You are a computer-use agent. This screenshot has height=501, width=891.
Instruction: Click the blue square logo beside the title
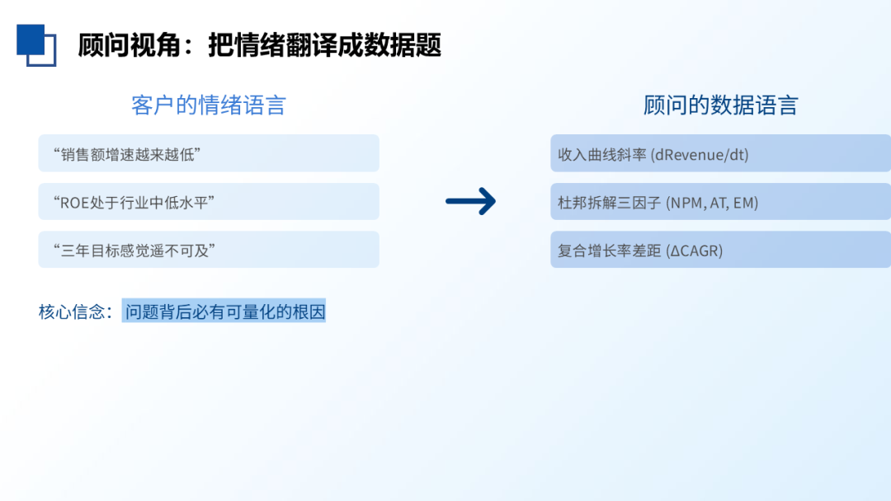(35, 44)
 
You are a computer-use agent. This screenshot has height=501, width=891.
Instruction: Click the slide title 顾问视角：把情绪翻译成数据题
(259, 45)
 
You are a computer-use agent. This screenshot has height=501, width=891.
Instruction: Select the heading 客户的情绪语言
(209, 105)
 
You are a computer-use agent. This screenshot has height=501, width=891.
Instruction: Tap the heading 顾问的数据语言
(720, 105)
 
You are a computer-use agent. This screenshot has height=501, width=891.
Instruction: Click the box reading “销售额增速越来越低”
(209, 153)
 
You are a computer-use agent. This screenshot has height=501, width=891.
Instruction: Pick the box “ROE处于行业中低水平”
(209, 202)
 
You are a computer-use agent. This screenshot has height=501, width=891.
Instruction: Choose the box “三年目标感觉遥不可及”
(209, 250)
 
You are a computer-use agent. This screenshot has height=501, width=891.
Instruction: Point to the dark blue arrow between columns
(470, 201)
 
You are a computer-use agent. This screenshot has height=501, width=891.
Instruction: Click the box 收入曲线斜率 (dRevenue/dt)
(720, 153)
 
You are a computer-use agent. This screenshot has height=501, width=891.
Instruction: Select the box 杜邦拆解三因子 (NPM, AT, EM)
(720, 202)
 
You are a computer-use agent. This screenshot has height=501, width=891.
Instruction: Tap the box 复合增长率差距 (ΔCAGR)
(720, 250)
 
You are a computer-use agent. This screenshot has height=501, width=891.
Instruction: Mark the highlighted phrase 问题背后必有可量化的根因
(224, 311)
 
